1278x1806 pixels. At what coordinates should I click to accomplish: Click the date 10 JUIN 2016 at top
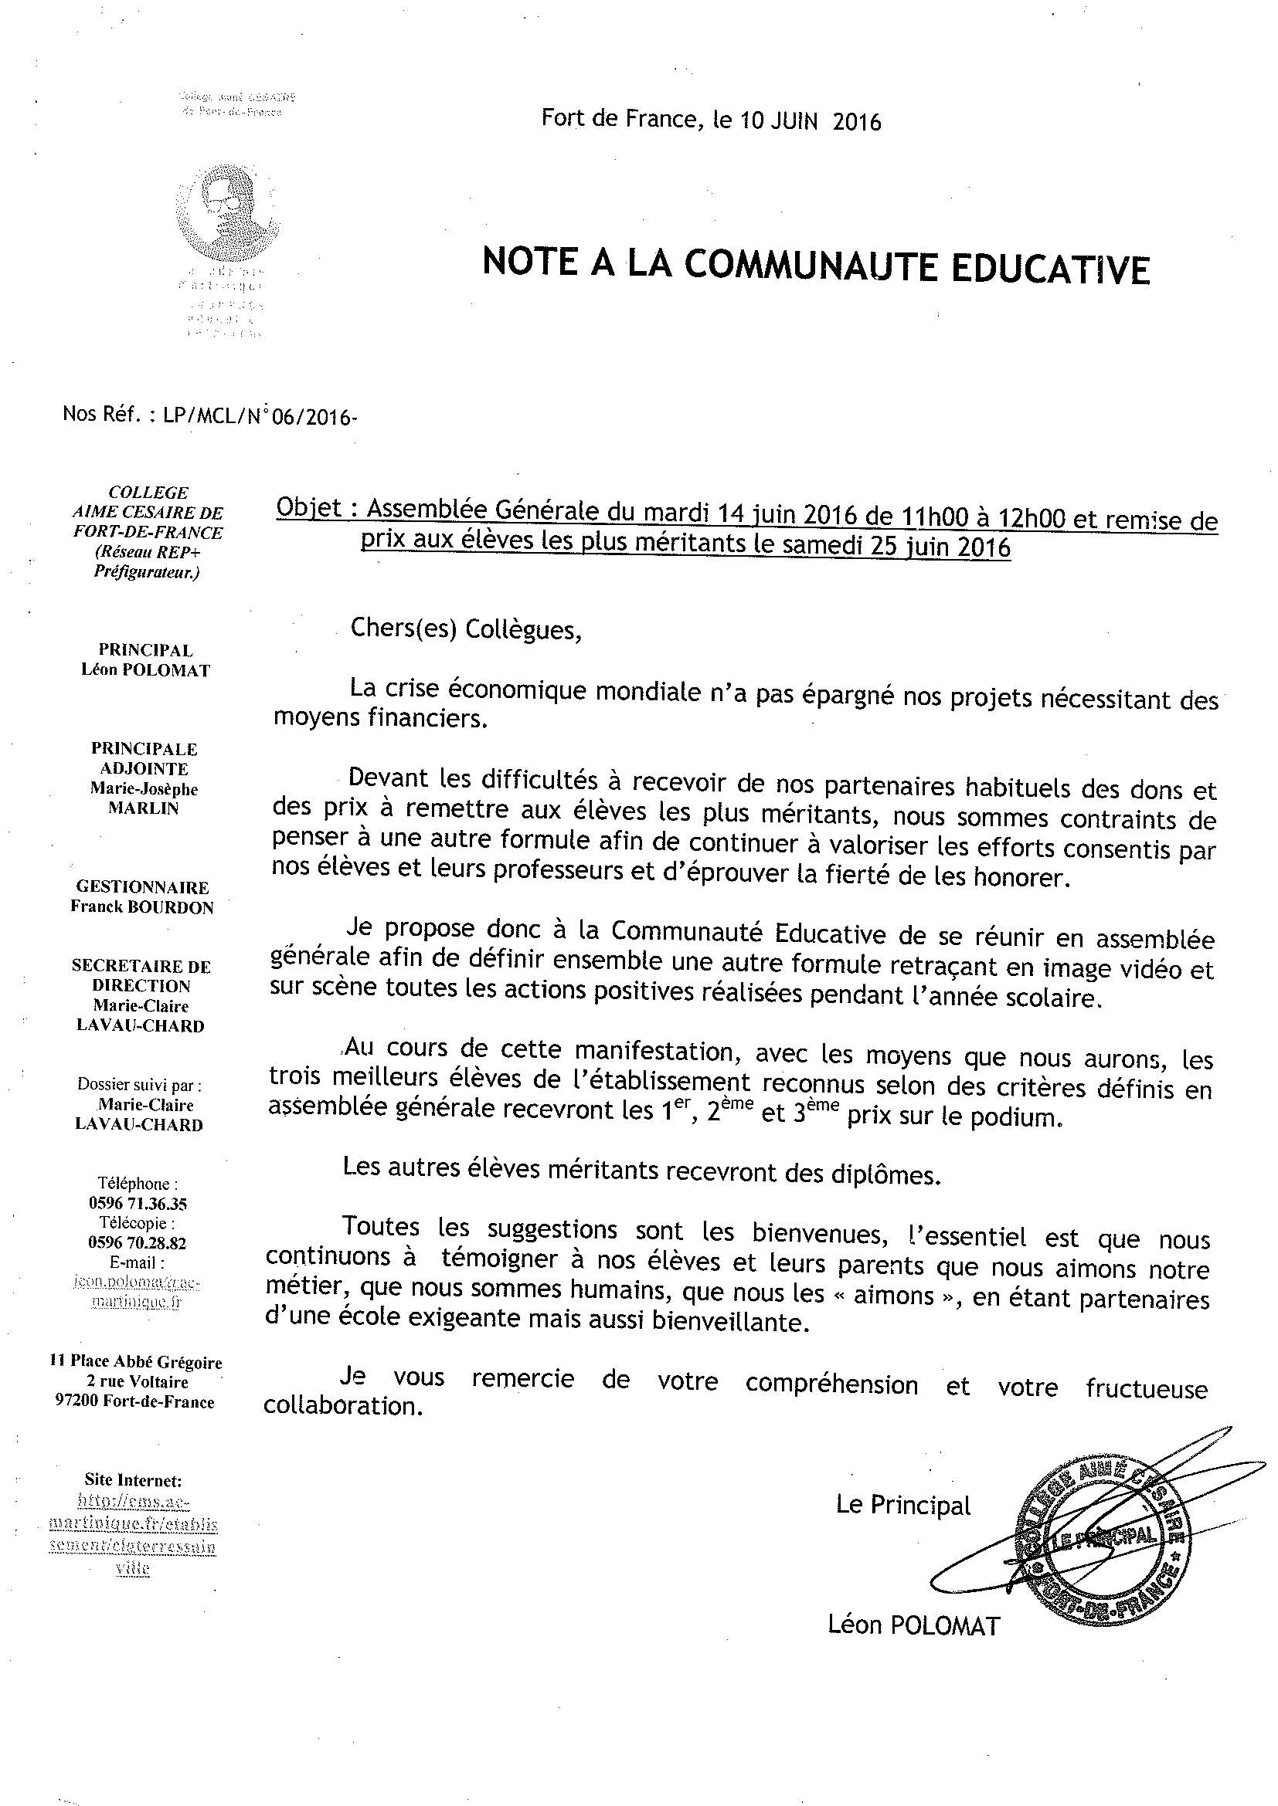[810, 121]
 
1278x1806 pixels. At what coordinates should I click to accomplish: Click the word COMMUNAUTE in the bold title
[810, 266]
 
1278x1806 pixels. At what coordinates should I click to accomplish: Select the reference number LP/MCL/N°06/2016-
[260, 416]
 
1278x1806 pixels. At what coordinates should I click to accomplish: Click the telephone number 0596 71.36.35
[138, 1204]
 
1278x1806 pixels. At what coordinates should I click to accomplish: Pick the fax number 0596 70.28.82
[138, 1243]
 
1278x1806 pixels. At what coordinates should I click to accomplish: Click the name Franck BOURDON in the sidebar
[141, 907]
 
